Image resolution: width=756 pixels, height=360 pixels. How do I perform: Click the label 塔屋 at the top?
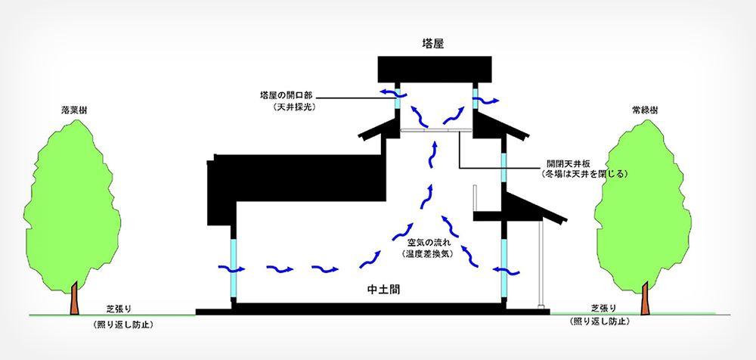click(x=433, y=44)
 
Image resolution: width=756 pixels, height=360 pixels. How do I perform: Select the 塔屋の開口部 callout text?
click(x=286, y=97)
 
